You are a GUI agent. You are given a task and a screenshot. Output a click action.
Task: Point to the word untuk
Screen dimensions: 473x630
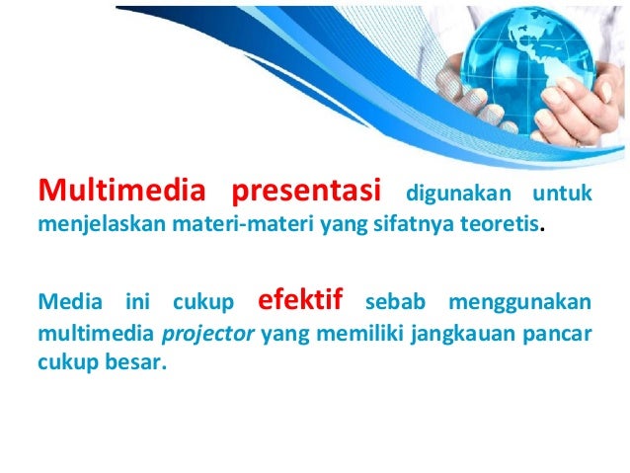point(562,192)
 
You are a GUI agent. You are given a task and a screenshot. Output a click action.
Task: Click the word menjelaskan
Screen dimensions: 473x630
point(91,224)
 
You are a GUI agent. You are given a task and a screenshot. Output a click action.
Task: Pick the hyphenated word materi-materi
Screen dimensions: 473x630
point(230,224)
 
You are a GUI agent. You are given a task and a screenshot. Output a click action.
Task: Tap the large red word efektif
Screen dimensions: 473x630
point(298,296)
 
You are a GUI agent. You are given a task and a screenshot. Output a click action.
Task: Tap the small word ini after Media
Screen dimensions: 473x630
point(135,299)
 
